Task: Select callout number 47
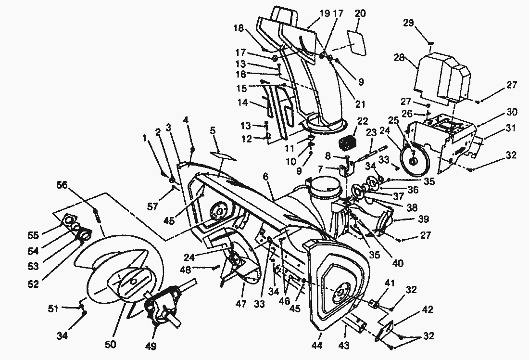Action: tap(241, 305)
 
